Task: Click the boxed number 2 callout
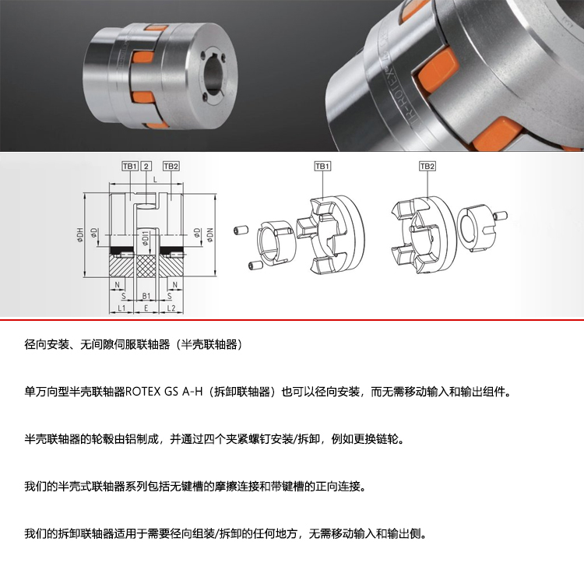146,166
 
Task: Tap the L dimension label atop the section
155,180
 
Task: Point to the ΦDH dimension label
79,235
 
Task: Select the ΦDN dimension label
210,235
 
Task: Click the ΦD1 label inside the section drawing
146,239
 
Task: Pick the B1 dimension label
146,296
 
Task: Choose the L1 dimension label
121,308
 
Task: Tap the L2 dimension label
171,308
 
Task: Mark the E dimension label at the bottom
146,308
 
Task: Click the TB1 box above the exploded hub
322,166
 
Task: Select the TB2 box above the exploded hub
427,166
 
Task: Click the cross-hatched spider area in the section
146,266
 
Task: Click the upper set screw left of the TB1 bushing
241,230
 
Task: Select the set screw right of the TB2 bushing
501,215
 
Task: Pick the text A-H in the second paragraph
192,392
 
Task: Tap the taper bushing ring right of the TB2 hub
473,228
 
